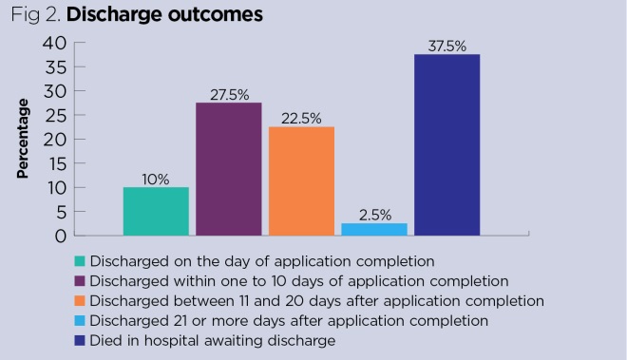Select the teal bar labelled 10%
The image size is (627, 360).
(156, 211)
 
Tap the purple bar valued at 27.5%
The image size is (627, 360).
(228, 169)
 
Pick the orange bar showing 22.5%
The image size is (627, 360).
(301, 180)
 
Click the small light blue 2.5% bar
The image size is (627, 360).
(374, 229)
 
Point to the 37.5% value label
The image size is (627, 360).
(446, 45)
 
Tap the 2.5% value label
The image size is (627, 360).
(374, 214)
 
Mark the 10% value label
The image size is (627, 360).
(156, 178)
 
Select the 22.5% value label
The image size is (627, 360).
(301, 118)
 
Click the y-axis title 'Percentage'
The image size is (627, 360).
(23, 139)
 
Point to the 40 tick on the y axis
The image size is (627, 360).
(54, 43)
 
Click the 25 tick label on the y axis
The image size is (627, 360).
(54, 115)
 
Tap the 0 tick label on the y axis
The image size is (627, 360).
(60, 235)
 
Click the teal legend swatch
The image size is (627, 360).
(79, 260)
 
